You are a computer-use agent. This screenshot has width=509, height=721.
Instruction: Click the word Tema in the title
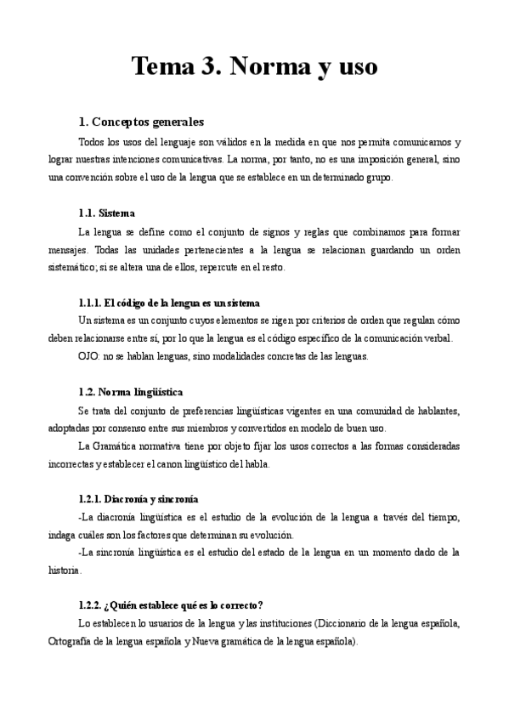pos(165,66)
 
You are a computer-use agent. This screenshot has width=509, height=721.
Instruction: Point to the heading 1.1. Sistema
pos(106,213)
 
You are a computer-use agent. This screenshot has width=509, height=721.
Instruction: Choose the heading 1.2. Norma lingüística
pos(129,392)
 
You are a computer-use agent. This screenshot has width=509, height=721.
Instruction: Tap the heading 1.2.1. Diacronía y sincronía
pos(138,499)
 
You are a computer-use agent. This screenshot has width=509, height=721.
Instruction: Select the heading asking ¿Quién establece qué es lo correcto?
pos(170,605)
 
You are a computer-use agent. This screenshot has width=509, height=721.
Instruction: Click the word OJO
pos(88,356)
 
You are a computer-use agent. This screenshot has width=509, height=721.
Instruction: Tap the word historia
pos(64,571)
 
